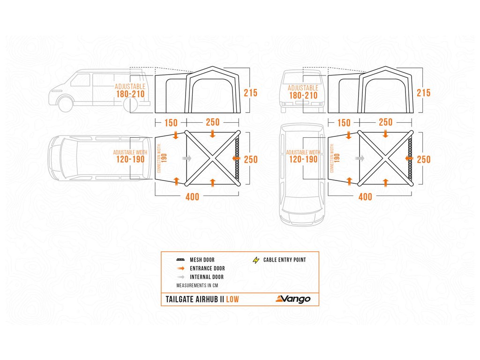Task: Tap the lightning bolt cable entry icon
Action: [256, 260]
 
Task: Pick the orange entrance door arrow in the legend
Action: [180, 269]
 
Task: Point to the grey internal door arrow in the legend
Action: [180, 277]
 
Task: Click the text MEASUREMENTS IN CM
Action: [197, 285]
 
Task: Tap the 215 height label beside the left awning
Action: [251, 93]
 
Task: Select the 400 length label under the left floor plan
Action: [192, 197]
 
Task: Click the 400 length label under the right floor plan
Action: [365, 197]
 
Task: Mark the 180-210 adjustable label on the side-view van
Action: [131, 95]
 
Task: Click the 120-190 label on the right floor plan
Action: [303, 159]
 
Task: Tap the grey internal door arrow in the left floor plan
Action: [187, 159]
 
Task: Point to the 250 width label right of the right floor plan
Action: [424, 159]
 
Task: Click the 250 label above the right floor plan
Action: [385, 122]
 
